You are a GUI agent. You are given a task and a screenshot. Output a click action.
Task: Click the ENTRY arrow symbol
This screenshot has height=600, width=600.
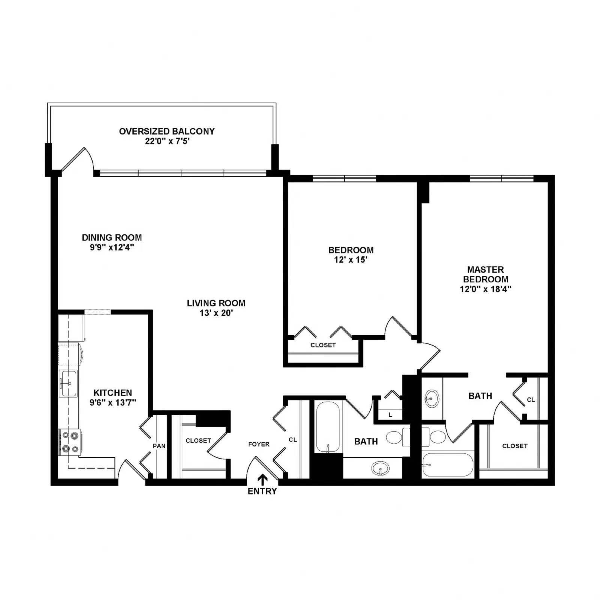pos(262,480)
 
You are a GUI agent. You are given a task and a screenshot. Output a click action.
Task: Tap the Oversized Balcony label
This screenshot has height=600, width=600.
pos(167,131)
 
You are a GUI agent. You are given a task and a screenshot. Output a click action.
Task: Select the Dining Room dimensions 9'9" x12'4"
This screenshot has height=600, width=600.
pos(112,247)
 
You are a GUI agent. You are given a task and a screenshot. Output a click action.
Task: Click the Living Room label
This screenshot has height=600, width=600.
pos(216,303)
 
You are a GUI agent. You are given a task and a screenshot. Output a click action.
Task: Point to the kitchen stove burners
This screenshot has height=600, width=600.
pos(70,442)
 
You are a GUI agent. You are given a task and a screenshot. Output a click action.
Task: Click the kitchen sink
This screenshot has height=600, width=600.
pos(68,383)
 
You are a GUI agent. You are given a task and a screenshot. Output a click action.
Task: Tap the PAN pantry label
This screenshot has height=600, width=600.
pos(159,446)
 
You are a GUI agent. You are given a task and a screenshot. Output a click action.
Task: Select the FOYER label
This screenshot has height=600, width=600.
pos(259,444)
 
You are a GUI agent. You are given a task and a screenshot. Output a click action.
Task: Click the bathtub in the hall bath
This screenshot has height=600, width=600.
pos(328,427)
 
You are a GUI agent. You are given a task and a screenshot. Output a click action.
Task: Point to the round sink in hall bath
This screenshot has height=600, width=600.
pos(380,468)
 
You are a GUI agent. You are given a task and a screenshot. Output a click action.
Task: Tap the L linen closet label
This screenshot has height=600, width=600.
pos(390,415)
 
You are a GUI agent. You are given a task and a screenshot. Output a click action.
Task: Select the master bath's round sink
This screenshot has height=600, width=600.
pos(432,398)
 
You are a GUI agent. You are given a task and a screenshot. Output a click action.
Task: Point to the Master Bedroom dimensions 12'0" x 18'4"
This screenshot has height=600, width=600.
pos(486,289)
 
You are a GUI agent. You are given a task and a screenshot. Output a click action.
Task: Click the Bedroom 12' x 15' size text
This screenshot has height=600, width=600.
pos(351,260)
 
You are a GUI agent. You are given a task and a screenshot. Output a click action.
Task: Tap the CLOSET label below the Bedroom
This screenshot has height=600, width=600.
pos(323,345)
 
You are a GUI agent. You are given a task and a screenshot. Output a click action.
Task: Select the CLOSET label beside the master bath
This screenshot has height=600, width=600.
pos(515,446)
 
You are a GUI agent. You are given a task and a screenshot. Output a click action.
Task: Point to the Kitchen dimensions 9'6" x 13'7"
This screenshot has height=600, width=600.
pos(112,403)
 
